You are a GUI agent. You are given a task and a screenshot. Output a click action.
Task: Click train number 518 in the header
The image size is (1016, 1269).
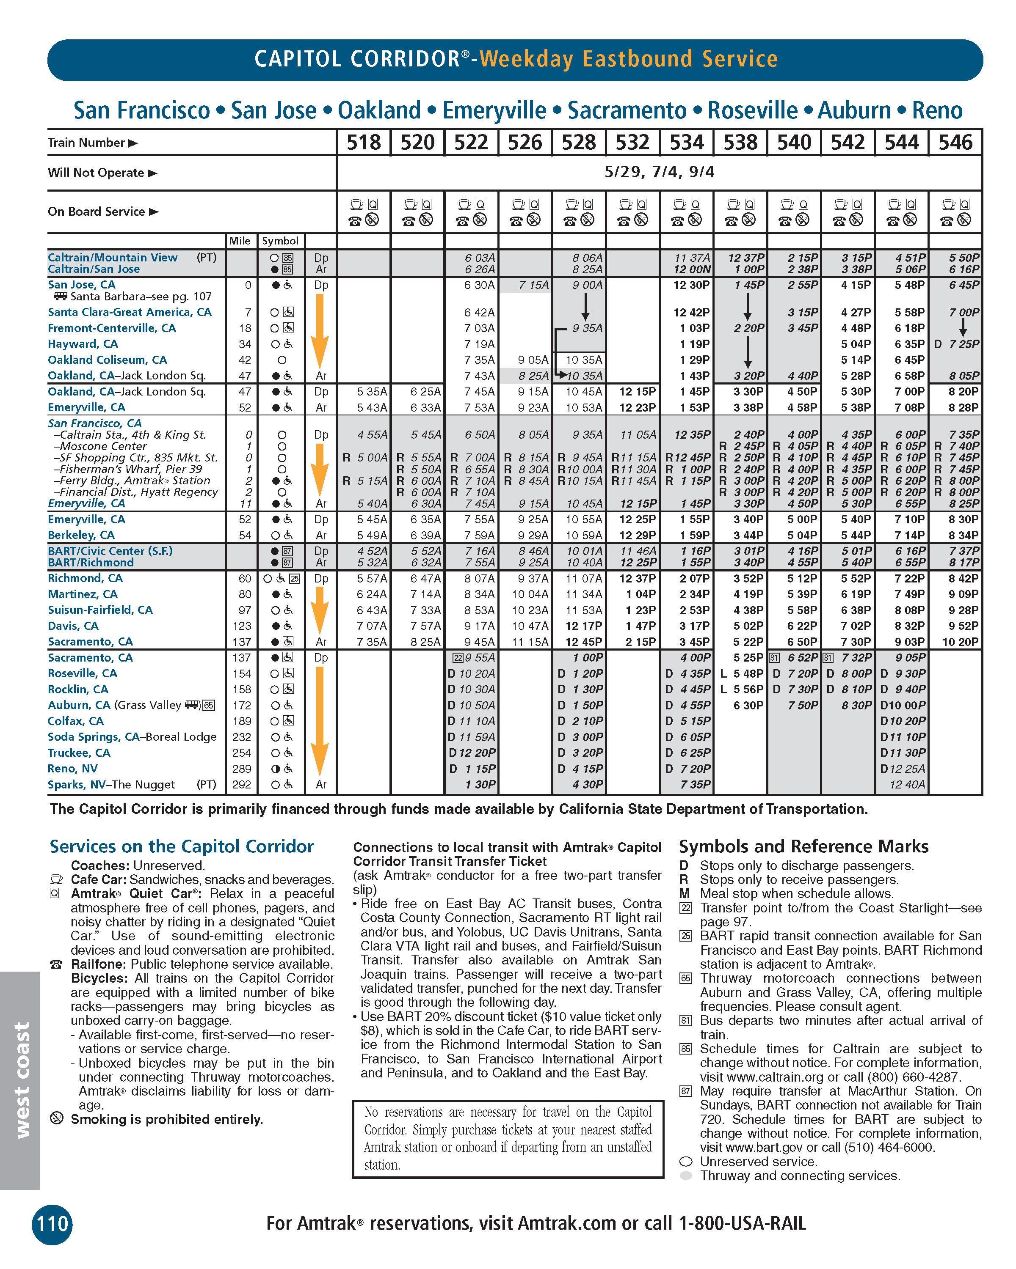[x=363, y=143]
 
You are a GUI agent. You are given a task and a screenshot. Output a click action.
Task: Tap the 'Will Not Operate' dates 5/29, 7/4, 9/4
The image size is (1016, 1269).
[x=659, y=172]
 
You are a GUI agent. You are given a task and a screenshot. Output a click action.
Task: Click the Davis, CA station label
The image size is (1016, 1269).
[x=73, y=626]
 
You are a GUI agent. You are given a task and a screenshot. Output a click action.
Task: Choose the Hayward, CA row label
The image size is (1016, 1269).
[x=83, y=344]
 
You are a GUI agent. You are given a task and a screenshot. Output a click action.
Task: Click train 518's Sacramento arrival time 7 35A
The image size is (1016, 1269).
[x=372, y=642]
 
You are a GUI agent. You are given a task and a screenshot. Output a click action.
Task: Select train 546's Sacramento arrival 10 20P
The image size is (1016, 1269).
[x=960, y=642]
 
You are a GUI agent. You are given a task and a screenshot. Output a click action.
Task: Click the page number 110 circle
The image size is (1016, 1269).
[x=52, y=1224]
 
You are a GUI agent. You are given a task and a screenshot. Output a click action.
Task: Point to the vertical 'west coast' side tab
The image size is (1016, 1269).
[x=21, y=1079]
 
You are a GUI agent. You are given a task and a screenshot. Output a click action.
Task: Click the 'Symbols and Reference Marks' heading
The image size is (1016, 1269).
[x=803, y=846]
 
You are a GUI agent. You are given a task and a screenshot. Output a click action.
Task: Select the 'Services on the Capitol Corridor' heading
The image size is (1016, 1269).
[x=182, y=846]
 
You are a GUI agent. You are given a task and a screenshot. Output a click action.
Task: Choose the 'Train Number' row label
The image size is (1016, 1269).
[x=87, y=143]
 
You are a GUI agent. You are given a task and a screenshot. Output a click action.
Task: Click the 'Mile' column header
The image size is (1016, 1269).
[x=240, y=241]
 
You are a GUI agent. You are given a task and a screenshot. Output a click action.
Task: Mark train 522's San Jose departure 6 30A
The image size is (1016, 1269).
[x=480, y=285]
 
